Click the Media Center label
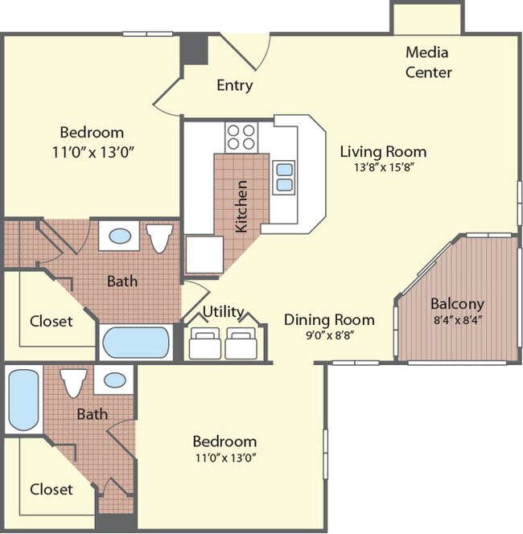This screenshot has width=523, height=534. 428,62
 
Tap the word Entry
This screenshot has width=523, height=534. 235,85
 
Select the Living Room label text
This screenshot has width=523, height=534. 383,151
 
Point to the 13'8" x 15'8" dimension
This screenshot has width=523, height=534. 383,167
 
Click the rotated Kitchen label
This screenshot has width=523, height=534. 241,207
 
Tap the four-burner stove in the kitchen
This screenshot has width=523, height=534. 241,137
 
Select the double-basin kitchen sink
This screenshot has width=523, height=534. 284,176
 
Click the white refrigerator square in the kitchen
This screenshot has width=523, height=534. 204,254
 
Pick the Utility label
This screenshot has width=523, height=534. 223,311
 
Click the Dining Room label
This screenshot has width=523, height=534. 329,319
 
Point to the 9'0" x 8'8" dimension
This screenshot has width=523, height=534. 329,335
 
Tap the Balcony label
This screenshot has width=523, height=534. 457,304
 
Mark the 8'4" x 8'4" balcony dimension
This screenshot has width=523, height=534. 457,319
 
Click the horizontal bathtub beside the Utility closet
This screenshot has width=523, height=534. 137,343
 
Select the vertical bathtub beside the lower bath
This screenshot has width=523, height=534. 23,400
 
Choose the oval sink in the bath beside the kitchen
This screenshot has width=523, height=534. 120,236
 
